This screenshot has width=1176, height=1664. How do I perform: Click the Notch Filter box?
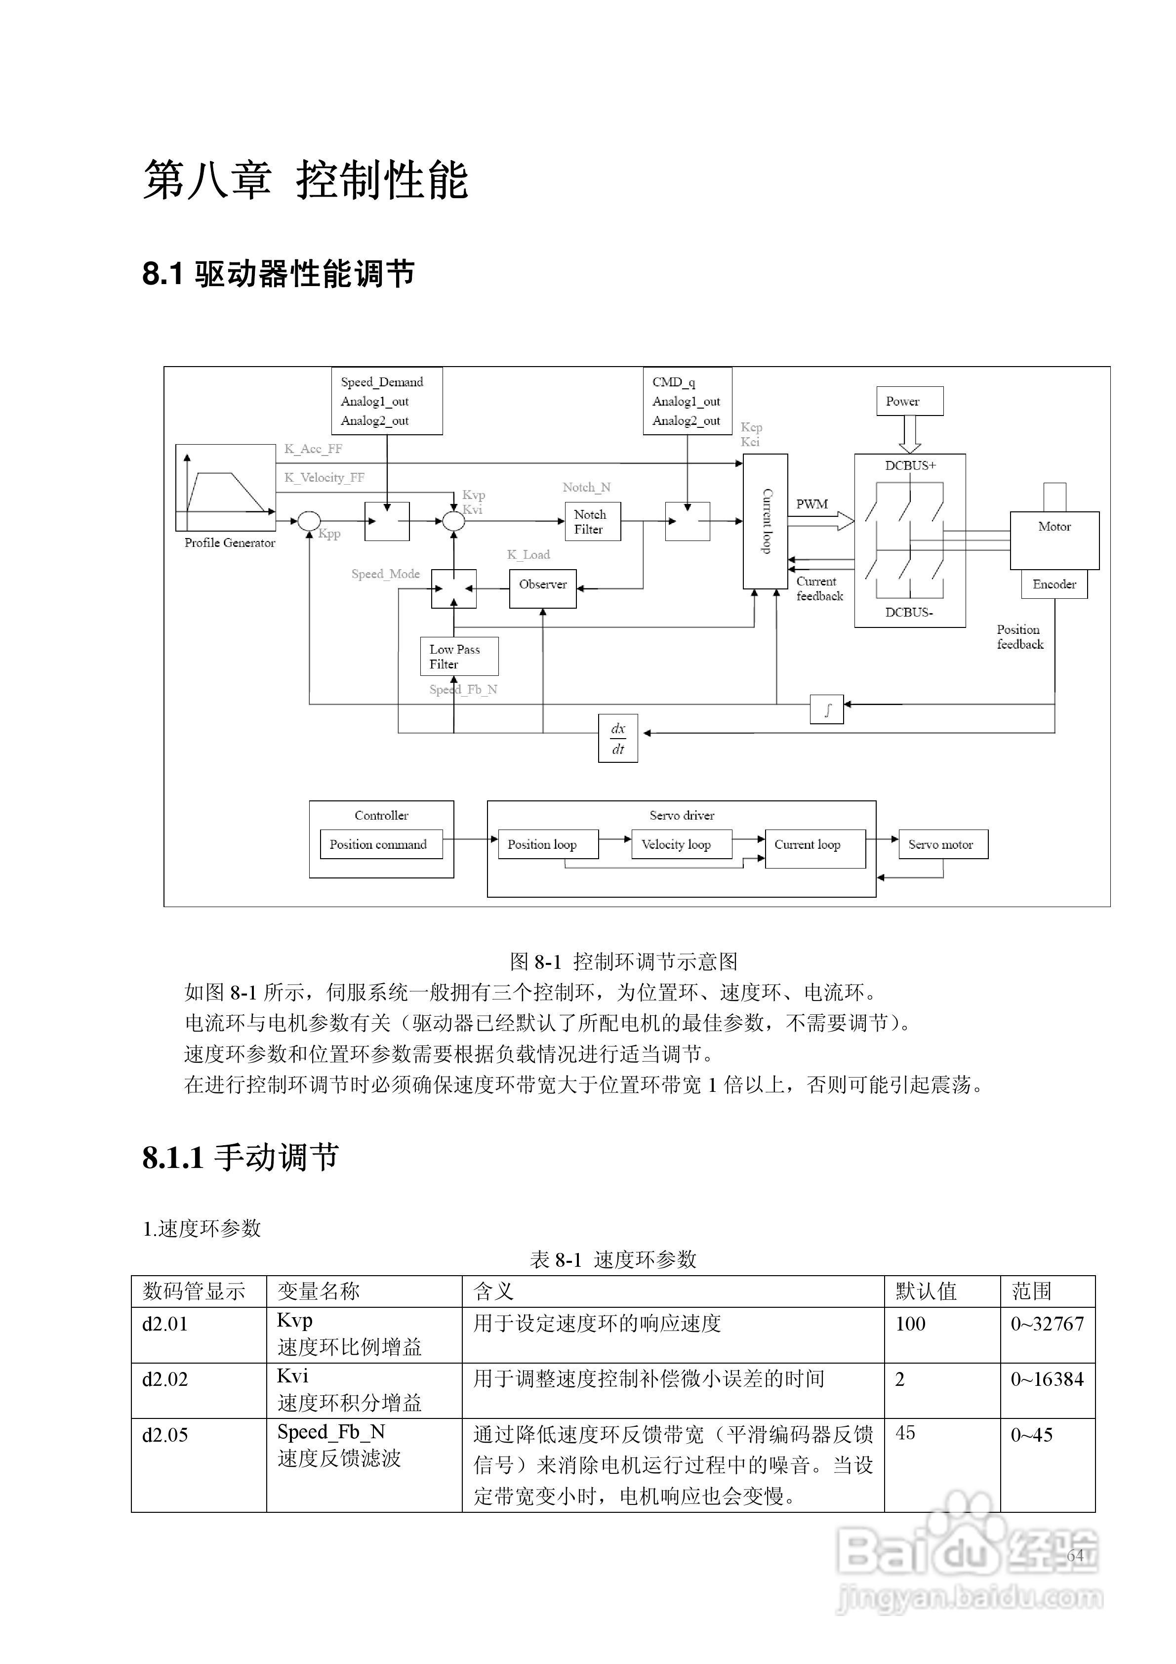pos(592,522)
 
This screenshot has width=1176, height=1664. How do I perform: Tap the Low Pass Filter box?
pos(459,657)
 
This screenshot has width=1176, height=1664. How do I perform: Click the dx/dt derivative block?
pos(617,739)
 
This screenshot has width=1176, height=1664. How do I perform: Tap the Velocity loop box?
pos(681,844)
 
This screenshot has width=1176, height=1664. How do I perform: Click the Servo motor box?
pos(943,844)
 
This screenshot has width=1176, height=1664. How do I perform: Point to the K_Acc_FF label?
pos(313,449)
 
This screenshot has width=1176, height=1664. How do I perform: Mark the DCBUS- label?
pos(909,613)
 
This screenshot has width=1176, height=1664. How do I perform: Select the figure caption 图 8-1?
pos(623,962)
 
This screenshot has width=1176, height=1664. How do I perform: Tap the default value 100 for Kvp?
pos(910,1324)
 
